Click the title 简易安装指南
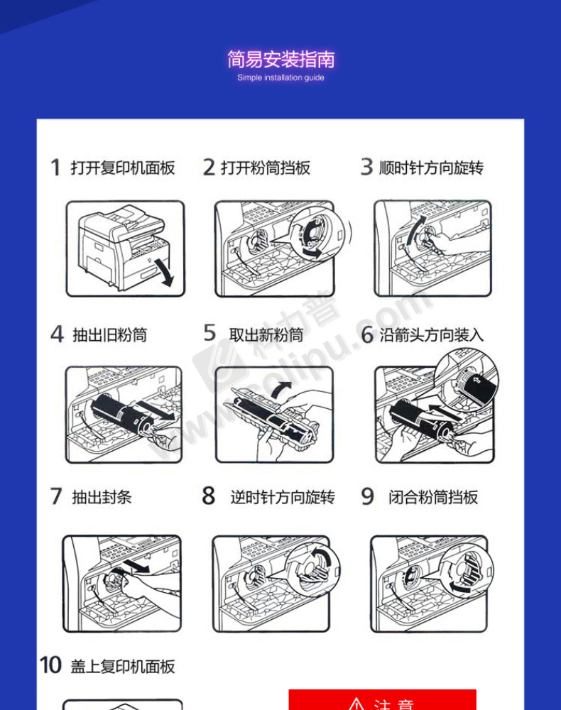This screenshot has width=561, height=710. pyautogui.click(x=280, y=60)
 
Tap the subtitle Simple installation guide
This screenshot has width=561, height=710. pyautogui.click(x=280, y=77)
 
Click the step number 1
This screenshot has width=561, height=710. pyautogui.click(x=55, y=167)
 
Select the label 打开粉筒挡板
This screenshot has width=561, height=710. pyautogui.click(x=266, y=168)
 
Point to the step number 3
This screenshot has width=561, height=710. pyautogui.click(x=366, y=167)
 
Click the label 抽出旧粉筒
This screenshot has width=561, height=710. pyautogui.click(x=109, y=335)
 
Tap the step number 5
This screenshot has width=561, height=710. pyautogui.click(x=209, y=333)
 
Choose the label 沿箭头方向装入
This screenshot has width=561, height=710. pyautogui.click(x=432, y=335)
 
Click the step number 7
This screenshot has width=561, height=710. pyautogui.click(x=55, y=496)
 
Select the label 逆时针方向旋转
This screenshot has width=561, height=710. pyautogui.click(x=283, y=497)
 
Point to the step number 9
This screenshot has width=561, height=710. pyautogui.click(x=367, y=496)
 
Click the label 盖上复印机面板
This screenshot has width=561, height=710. pyautogui.click(x=123, y=667)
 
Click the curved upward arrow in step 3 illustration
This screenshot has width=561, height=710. pyautogui.click(x=415, y=229)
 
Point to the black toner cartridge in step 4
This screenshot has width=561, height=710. pyautogui.click(x=123, y=415)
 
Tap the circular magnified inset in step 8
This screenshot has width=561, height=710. pyautogui.click(x=312, y=569)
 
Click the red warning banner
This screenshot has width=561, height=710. pyautogui.click(x=383, y=699)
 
